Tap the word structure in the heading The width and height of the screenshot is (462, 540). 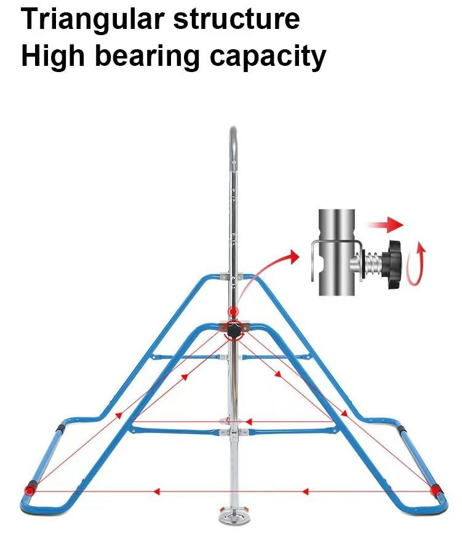tap(236, 18)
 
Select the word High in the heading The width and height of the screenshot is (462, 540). tap(53, 57)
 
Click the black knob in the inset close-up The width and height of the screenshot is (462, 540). tap(394, 265)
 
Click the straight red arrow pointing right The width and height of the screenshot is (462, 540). tap(384, 225)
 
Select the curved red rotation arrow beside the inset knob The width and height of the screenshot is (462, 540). tap(416, 264)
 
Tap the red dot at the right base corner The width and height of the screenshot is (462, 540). tap(436, 490)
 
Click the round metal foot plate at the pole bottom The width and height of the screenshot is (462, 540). tap(234, 517)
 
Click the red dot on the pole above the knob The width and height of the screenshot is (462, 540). tap(234, 312)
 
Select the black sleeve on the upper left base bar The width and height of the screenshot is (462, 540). tap(60, 429)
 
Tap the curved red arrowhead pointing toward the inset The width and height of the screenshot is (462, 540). tap(293, 256)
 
